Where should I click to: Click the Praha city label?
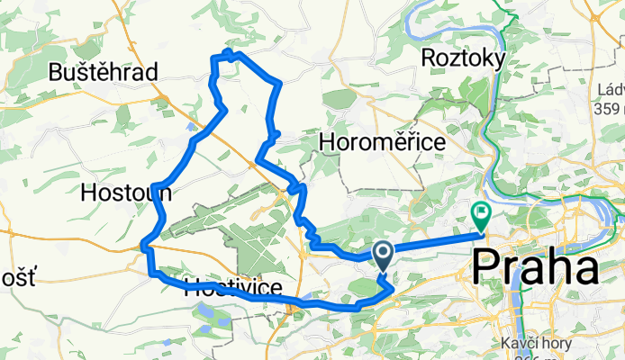(x=537, y=267)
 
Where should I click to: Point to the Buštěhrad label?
(x=104, y=71)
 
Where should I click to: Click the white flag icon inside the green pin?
(x=480, y=213)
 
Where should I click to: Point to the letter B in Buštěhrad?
(x=57, y=71)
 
